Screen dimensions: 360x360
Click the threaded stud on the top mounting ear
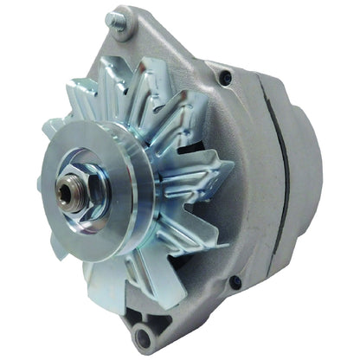coord(112,18)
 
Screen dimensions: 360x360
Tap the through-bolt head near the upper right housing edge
coord(227,77)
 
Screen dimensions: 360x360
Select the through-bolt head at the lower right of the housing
coord(235,281)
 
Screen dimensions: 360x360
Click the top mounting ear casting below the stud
coord(130,48)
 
